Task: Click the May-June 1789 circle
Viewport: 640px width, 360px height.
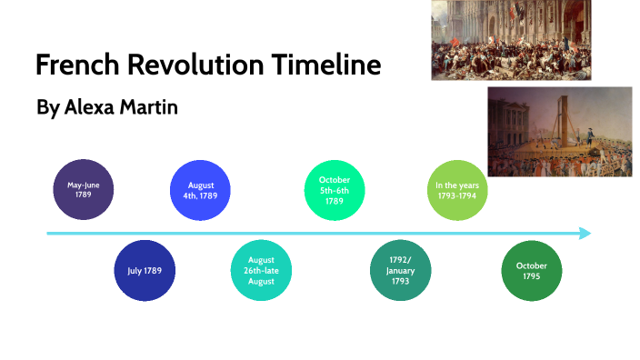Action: (84, 190)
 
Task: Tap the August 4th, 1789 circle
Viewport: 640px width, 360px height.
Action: (202, 190)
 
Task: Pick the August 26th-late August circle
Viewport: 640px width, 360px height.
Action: (261, 271)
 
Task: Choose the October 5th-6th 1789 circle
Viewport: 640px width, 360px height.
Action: (334, 190)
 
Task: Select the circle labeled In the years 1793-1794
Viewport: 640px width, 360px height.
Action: (457, 190)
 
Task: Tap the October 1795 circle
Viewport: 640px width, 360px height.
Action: (532, 271)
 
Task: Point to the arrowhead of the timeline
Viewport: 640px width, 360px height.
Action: (584, 234)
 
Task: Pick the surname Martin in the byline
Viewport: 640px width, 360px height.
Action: (150, 107)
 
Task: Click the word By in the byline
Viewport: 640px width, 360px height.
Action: (47, 108)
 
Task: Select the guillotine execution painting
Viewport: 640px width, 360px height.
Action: (559, 131)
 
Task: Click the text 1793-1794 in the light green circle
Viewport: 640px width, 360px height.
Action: (457, 195)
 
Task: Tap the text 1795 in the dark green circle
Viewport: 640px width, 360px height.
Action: (532, 275)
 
